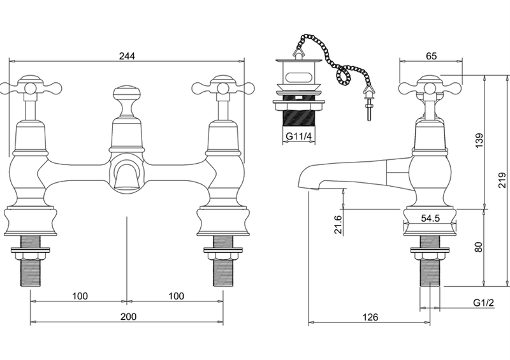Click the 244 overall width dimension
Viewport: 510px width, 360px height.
click(x=127, y=56)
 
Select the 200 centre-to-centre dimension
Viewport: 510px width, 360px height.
click(x=129, y=317)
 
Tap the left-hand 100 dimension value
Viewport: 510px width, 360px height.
click(x=80, y=296)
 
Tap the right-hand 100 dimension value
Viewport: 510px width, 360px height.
click(x=177, y=296)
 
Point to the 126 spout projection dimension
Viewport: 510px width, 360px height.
click(x=370, y=317)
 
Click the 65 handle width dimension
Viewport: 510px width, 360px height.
click(x=431, y=56)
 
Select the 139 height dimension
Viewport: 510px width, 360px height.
click(x=479, y=140)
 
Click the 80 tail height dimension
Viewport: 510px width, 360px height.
click(x=479, y=247)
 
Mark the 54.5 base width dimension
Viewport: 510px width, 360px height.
click(x=430, y=218)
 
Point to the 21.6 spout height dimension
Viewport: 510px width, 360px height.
click(x=338, y=225)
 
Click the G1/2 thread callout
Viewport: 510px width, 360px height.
click(x=483, y=303)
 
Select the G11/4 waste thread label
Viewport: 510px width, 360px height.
click(x=298, y=136)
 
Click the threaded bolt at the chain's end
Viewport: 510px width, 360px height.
click(x=370, y=109)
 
